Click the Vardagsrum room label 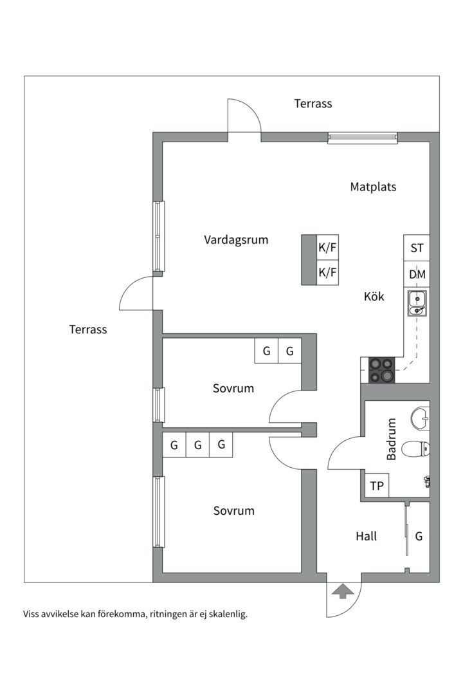236,240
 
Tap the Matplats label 373,187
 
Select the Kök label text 374,297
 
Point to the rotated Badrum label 391,440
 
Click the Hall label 366,536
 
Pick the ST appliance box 417,248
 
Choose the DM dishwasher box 417,275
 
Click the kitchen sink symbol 417,303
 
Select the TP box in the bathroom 377,486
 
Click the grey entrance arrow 341,591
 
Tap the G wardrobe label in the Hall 419,536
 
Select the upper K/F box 327,247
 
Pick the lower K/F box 327,272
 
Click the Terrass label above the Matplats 313,104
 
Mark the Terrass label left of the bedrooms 88,329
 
